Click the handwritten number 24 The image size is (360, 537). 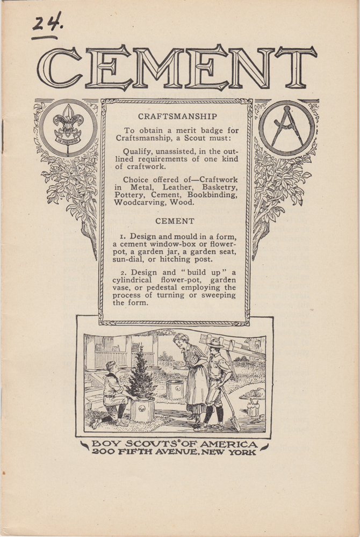47,24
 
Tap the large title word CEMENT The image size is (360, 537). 177,68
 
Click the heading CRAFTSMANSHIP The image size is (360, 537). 177,116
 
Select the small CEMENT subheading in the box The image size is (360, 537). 175,221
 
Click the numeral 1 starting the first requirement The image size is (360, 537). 123,236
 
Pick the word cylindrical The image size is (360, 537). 136,280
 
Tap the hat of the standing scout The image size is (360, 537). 216,343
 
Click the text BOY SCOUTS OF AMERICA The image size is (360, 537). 174,444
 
